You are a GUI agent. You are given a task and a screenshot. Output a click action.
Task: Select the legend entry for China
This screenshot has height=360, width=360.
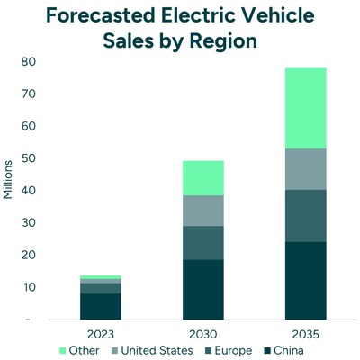pos(287,349)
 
